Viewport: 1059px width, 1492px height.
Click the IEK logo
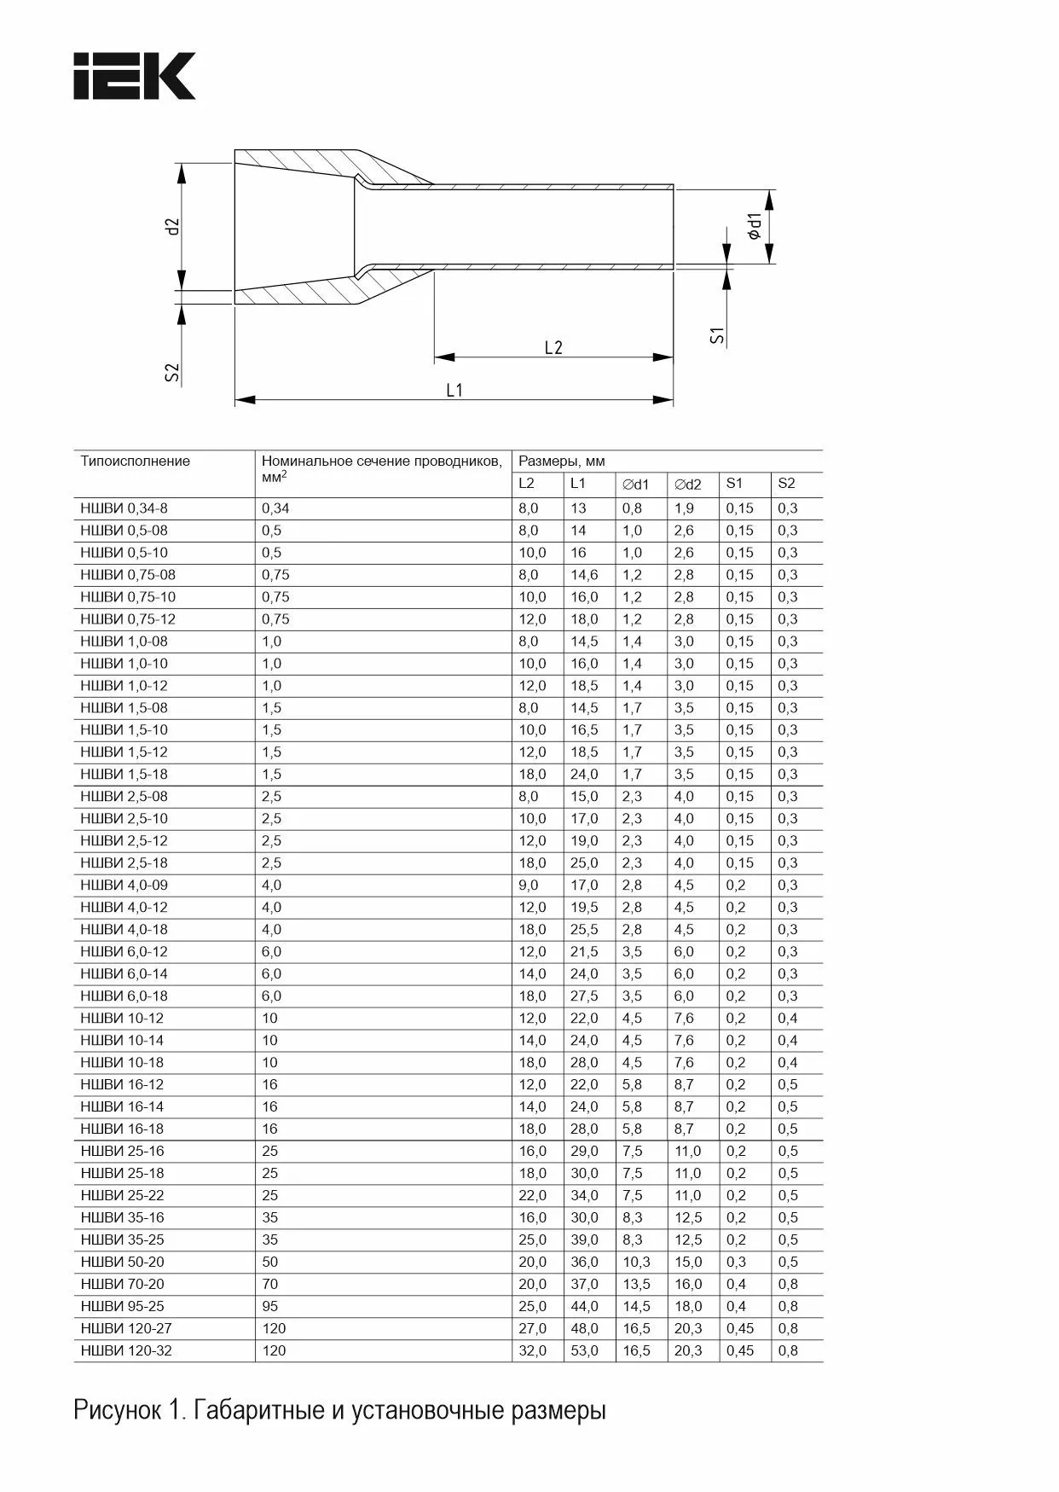tap(135, 76)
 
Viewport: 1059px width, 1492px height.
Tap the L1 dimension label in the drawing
tap(454, 390)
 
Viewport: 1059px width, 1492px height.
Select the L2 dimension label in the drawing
tap(553, 347)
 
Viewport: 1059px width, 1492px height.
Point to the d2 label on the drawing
tap(173, 226)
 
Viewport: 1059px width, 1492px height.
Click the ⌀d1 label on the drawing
tap(754, 225)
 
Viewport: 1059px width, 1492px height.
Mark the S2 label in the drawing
tap(172, 372)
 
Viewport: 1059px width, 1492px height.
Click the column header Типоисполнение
tap(136, 462)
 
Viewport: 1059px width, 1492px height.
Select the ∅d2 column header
tap(687, 485)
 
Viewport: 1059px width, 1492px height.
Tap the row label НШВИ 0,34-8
tap(124, 508)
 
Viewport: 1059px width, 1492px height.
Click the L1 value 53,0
tap(584, 1350)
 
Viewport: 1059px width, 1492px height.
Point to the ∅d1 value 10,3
tap(636, 1262)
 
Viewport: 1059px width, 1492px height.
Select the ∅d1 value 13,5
tap(636, 1284)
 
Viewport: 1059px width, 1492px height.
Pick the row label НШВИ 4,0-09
tap(124, 885)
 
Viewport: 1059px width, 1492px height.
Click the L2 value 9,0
tap(529, 885)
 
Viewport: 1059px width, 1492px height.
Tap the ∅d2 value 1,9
tap(684, 508)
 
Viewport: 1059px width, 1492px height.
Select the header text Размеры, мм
tap(562, 462)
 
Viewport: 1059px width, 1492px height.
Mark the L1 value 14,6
tap(584, 575)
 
